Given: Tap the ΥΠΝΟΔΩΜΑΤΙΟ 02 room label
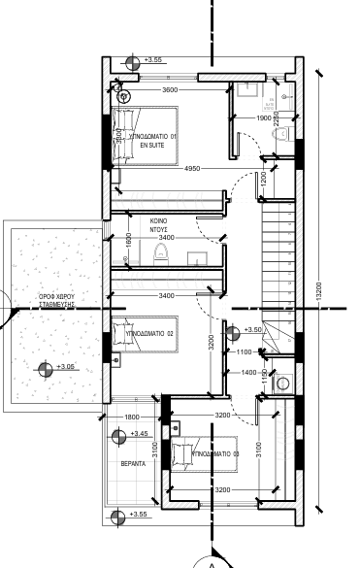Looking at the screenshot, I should [x=150, y=333].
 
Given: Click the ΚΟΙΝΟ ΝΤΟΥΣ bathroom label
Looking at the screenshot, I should [x=159, y=225].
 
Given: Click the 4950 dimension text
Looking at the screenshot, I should [x=192, y=169].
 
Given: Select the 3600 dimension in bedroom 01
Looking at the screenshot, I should [x=170, y=90].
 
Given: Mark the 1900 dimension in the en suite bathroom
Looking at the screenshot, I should [x=263, y=118].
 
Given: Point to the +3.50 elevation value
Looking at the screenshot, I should [x=252, y=330].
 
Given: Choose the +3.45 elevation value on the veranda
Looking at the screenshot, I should [x=139, y=434].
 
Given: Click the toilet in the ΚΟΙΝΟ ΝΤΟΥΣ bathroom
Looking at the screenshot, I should [x=161, y=253].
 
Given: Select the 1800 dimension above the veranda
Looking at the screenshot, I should [x=132, y=418].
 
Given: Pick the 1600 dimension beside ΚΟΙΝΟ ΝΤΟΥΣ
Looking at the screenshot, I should [x=129, y=239].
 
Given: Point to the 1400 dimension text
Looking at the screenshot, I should [x=247, y=372].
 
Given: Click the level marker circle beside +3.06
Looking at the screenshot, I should [x=44, y=367].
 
